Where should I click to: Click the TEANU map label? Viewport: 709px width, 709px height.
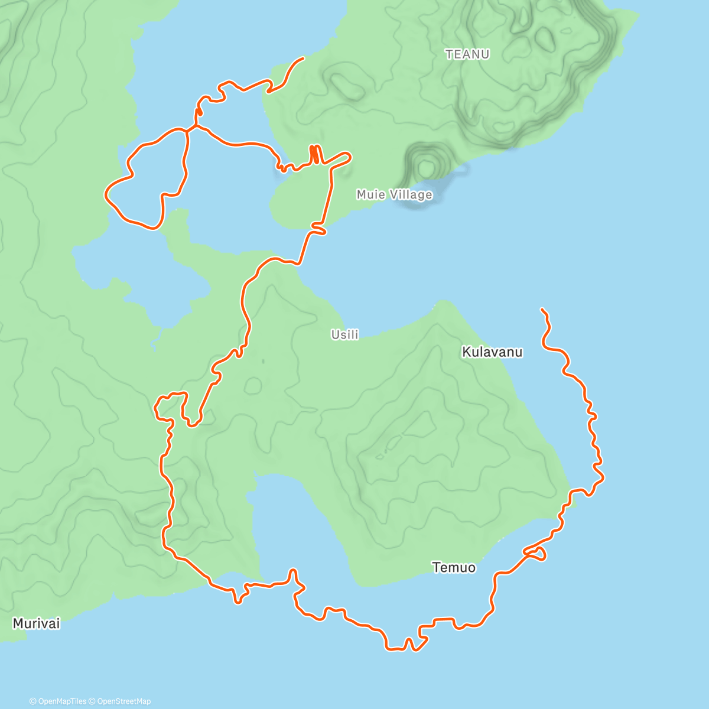467,54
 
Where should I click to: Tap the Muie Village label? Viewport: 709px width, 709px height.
394,194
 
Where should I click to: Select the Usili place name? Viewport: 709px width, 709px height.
344,335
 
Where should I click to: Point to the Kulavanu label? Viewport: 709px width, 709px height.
492,352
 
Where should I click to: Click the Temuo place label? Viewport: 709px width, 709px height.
454,568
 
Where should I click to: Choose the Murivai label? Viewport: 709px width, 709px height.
36,623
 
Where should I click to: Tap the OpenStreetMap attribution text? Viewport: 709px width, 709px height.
123,701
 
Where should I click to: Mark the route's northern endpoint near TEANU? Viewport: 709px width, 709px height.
303,58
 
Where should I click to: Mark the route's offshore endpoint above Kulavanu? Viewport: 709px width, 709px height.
542,309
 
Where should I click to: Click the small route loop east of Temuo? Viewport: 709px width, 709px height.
536,554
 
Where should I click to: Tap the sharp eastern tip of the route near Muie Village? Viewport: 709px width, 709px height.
350,157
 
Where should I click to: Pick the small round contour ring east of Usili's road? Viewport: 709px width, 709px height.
253,386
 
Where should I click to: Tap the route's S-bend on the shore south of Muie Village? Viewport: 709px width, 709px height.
318,229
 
